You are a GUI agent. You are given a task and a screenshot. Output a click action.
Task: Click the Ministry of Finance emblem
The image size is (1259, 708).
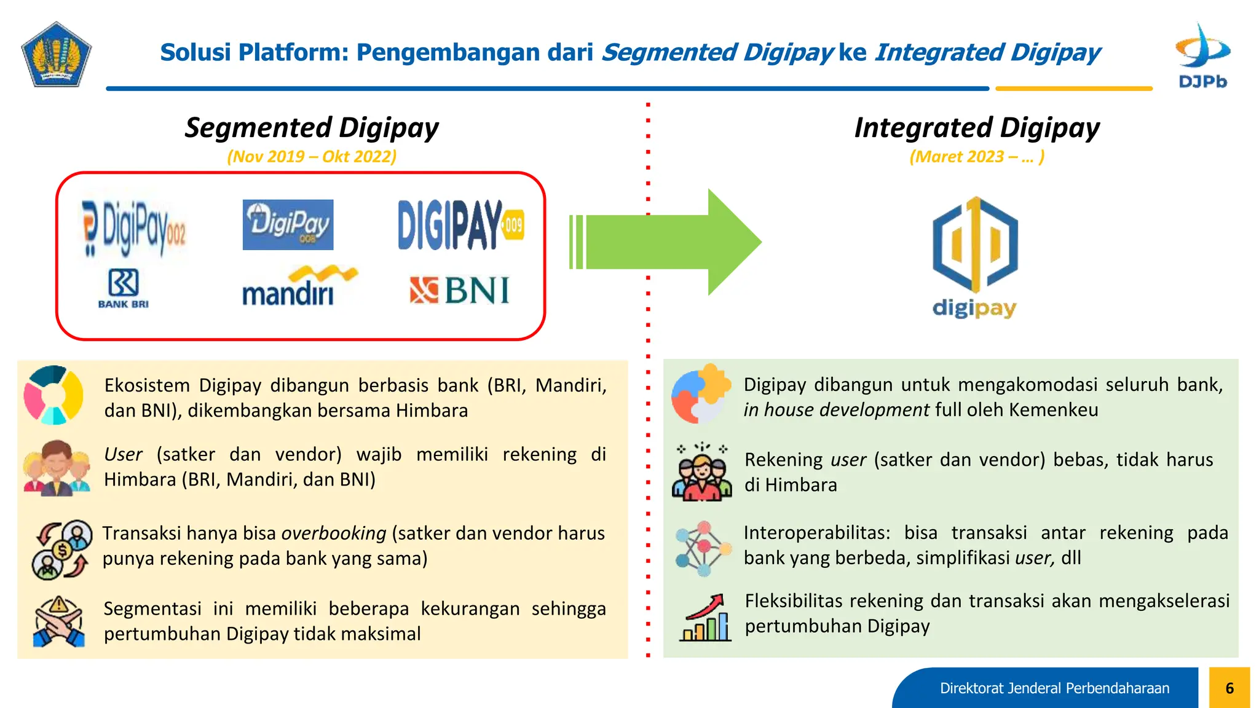(56, 55)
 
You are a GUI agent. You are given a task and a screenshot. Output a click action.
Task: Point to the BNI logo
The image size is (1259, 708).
(460, 291)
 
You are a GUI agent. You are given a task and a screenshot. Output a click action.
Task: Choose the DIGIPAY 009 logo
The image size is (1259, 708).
(460, 225)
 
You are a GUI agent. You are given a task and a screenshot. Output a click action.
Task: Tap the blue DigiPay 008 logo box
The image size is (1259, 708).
(288, 224)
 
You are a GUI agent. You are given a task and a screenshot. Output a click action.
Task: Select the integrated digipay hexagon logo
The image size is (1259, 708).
(974, 246)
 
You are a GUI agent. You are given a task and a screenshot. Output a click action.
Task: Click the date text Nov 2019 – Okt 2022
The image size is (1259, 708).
(312, 157)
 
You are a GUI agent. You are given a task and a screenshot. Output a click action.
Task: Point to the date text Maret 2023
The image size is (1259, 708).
(976, 157)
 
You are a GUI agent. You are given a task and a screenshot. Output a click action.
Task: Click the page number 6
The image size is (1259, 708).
(1229, 688)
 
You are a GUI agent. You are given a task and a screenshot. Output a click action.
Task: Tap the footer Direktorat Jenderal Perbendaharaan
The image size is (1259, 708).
(1054, 688)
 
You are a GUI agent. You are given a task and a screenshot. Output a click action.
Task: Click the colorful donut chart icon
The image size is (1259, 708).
(53, 395)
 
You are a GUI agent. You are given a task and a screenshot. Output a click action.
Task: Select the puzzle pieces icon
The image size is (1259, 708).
(701, 393)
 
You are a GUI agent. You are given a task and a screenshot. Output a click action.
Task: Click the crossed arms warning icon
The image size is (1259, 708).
(58, 621)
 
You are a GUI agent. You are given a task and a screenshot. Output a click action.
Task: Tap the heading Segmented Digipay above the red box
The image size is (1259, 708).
(312, 128)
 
